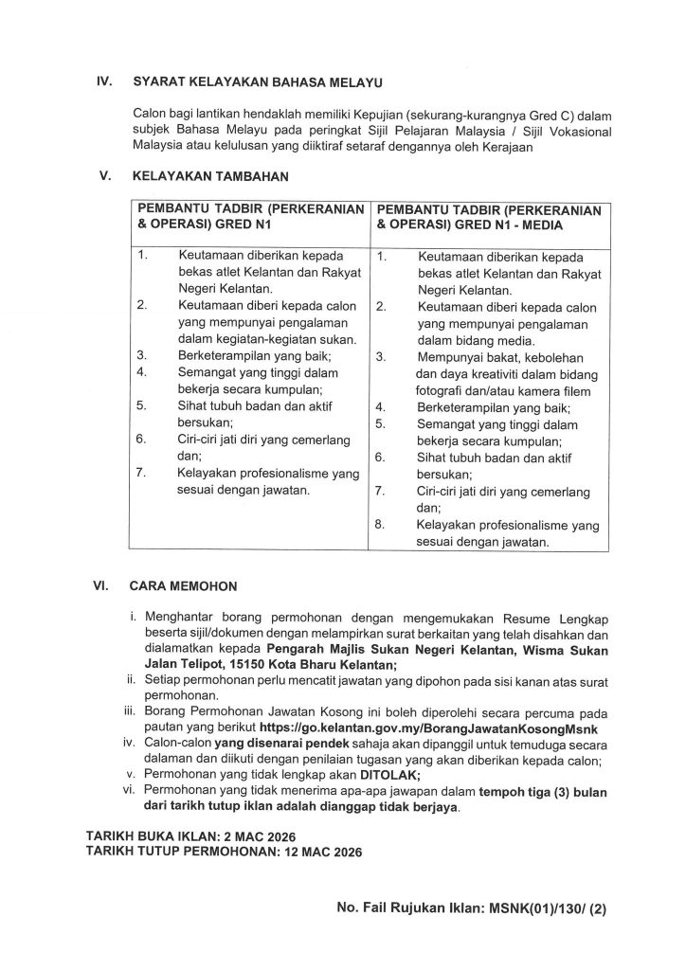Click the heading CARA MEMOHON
tap(184, 586)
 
